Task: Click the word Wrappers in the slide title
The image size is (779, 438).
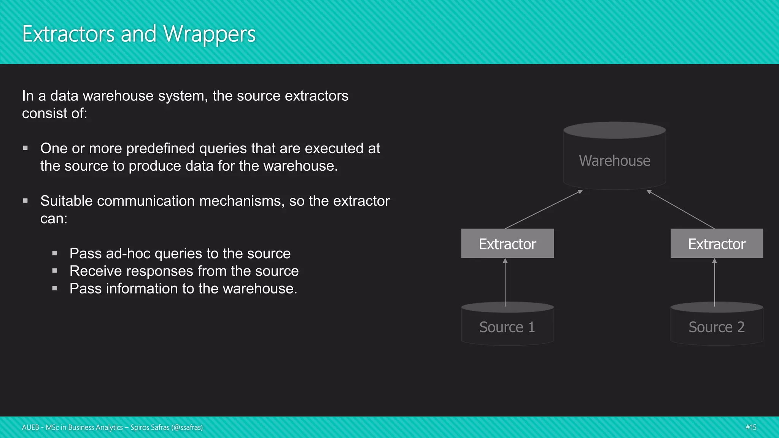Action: (x=209, y=34)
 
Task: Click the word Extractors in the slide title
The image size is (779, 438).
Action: (x=68, y=34)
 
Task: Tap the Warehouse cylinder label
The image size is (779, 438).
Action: (x=614, y=161)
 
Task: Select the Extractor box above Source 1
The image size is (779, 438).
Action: (x=507, y=244)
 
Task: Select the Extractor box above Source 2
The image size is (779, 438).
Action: (x=717, y=244)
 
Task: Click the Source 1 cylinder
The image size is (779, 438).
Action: (x=507, y=327)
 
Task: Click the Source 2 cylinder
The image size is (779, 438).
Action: (x=717, y=327)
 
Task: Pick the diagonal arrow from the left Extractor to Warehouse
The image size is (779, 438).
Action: (x=544, y=209)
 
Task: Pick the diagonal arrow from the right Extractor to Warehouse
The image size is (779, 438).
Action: (x=681, y=209)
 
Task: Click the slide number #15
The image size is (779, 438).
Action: (x=750, y=427)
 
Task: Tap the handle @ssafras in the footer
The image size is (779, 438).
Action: (x=187, y=427)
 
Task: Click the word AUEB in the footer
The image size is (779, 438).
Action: (x=30, y=427)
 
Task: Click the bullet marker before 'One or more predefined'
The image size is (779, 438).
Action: (x=25, y=148)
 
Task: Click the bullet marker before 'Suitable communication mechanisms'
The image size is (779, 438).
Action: (x=25, y=201)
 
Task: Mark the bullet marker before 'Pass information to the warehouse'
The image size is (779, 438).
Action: (x=55, y=289)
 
